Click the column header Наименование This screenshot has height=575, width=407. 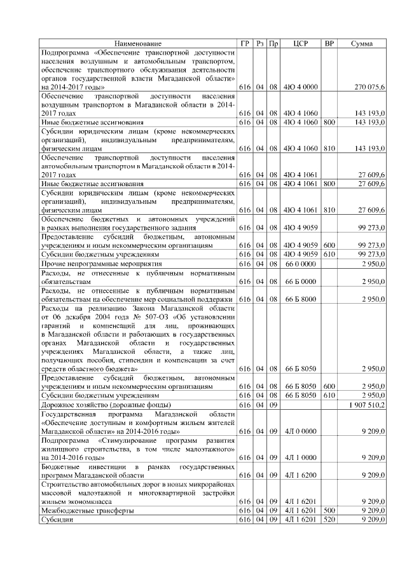pyautogui.click(x=138, y=43)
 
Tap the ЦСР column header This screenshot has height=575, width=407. pyautogui.click(x=301, y=43)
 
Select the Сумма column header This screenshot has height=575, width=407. pyautogui.click(x=362, y=43)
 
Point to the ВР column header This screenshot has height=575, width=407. pyautogui.click(x=329, y=43)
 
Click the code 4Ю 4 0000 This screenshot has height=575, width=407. pyautogui.click(x=301, y=86)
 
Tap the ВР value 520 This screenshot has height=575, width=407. pyautogui.click(x=329, y=520)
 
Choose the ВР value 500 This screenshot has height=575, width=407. pyautogui.click(x=329, y=510)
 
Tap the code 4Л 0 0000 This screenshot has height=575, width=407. pyautogui.click(x=301, y=431)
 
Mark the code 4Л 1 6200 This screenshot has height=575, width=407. pyautogui.click(x=301, y=475)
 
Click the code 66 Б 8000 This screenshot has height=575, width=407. pyautogui.click(x=301, y=299)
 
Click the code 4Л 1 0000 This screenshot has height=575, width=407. pyautogui.click(x=301, y=457)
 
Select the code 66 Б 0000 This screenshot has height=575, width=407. pyautogui.click(x=301, y=281)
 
